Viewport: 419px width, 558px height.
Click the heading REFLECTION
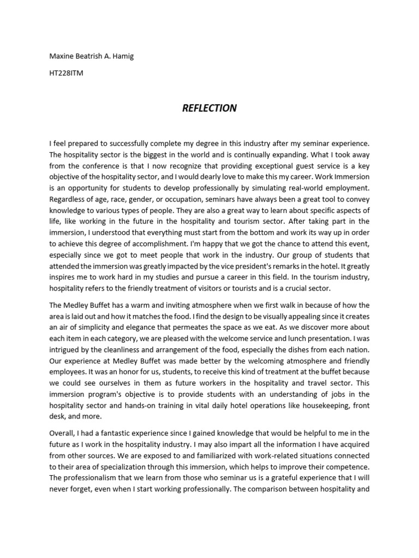pos(209,108)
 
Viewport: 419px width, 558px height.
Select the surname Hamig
pos(122,57)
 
